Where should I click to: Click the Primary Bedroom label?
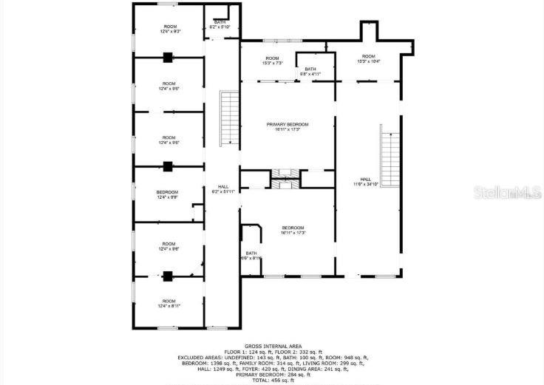(288, 127)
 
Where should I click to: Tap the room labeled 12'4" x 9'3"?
(169, 29)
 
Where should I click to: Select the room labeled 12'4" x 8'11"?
(169, 303)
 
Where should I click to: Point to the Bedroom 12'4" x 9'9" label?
(167, 195)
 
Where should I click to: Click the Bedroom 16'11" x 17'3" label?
(293, 230)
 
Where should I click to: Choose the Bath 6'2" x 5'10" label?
(220, 24)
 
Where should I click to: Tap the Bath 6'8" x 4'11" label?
(310, 72)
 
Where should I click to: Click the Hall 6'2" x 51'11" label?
(222, 189)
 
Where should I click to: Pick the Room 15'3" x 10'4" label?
(368, 59)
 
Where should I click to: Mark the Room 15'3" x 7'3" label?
(272, 61)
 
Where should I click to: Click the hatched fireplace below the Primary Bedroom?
(282, 174)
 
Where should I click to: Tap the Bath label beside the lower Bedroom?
(251, 255)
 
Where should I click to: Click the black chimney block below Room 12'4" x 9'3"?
(168, 56)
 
